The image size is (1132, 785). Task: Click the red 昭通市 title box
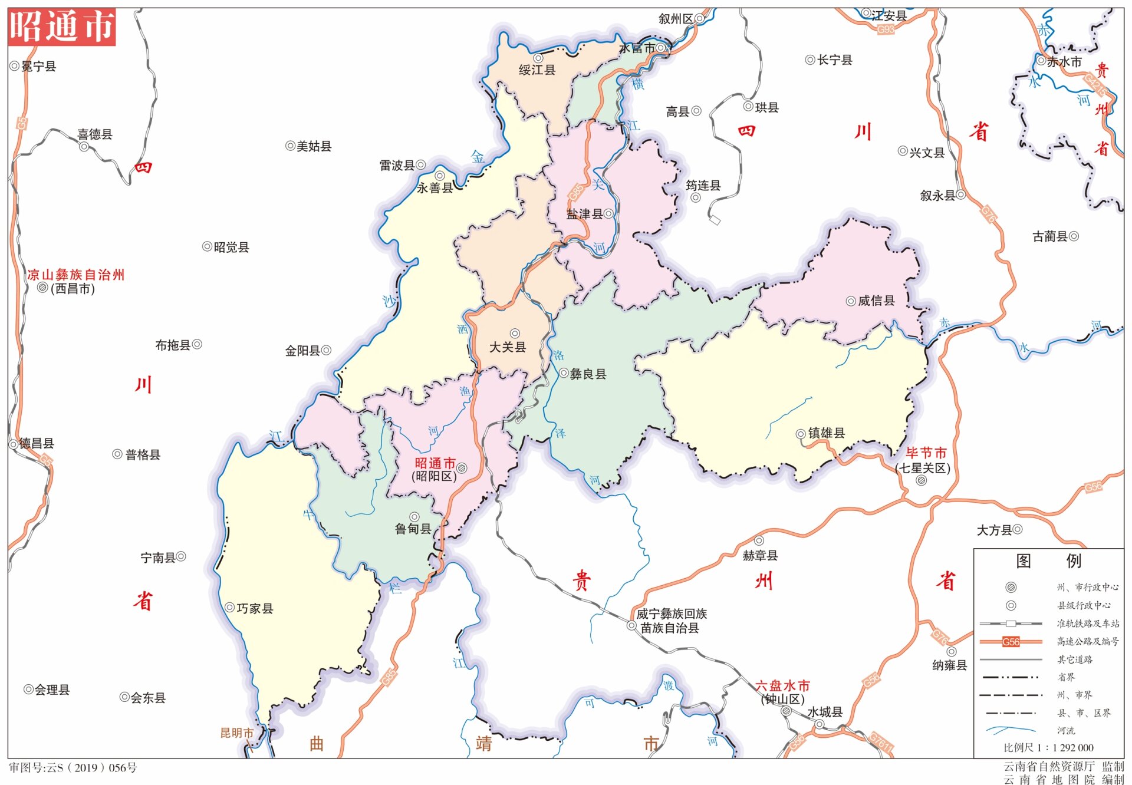(x=62, y=27)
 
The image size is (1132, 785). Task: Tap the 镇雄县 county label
(x=826, y=433)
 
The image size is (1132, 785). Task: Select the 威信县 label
(x=876, y=301)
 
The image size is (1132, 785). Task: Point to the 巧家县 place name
(x=255, y=608)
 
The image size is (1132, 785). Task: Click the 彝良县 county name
(x=588, y=374)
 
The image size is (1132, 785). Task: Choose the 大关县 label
(x=508, y=347)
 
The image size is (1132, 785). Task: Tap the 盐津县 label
(x=584, y=215)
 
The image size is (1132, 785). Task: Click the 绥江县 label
(x=537, y=70)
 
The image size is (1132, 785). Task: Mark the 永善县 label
(x=435, y=188)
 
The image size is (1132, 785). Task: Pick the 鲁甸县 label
(x=413, y=529)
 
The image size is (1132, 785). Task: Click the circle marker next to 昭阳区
(x=462, y=469)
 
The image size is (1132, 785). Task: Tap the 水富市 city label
(x=637, y=48)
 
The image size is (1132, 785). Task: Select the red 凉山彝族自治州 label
(x=76, y=275)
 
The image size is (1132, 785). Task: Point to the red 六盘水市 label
(x=782, y=686)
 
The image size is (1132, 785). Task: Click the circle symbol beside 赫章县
(x=759, y=541)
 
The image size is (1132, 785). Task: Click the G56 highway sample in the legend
(x=1011, y=642)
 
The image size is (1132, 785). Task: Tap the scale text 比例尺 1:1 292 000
(x=1048, y=748)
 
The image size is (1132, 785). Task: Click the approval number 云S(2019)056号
(x=73, y=768)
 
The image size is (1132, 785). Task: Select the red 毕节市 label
(x=926, y=453)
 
